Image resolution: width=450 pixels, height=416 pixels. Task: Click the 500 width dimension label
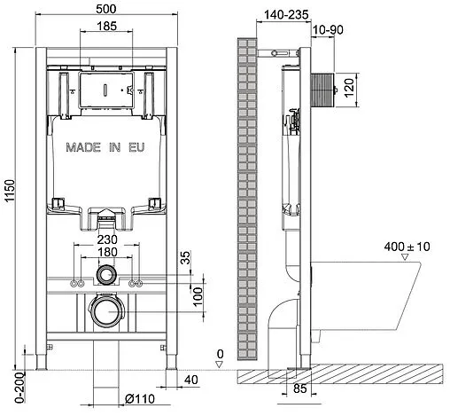coord(106,9)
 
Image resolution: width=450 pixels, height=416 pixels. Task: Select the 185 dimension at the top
coord(106,26)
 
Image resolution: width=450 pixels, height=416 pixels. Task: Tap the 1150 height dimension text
coord(10,191)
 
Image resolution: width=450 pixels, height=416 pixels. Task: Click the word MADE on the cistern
coord(83,147)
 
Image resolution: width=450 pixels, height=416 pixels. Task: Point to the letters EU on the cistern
coord(136,147)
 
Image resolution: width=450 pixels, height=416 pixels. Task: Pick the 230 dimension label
coord(107,239)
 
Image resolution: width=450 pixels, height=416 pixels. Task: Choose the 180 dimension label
coord(107,252)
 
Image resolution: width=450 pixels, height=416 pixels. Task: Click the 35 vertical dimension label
coord(185,257)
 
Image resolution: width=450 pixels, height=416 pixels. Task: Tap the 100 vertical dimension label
coord(198,296)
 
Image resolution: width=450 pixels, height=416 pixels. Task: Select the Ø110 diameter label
coord(140,399)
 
